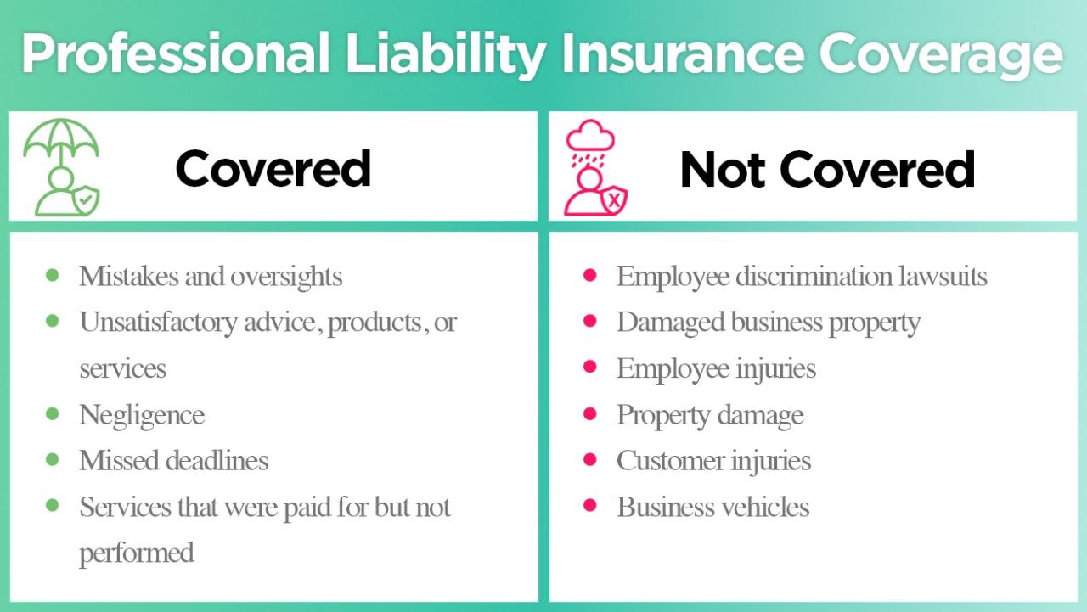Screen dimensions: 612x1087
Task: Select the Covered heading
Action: pyautogui.click(x=273, y=168)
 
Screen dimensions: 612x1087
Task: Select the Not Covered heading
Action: pyautogui.click(x=827, y=168)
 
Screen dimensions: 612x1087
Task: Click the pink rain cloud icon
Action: pyautogui.click(x=590, y=136)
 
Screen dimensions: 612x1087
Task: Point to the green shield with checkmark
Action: pyautogui.click(x=87, y=199)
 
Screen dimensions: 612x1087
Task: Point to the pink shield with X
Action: pyautogui.click(x=614, y=200)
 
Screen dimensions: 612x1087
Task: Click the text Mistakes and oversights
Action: pyautogui.click(x=211, y=276)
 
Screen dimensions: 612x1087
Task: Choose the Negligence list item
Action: pyautogui.click(x=142, y=414)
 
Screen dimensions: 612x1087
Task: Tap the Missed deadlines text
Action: pyautogui.click(x=173, y=460)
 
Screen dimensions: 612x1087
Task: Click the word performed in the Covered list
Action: pyautogui.click(x=137, y=553)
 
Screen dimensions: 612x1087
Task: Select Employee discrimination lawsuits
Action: pyautogui.click(x=801, y=276)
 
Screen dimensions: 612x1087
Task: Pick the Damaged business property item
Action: pyautogui.click(x=768, y=322)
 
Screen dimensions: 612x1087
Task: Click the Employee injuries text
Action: pyautogui.click(x=716, y=368)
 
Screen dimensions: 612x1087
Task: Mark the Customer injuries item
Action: pyautogui.click(x=713, y=460)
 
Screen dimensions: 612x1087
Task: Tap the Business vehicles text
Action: pyautogui.click(x=712, y=507)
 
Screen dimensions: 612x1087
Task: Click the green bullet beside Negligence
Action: pyautogui.click(x=53, y=413)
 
